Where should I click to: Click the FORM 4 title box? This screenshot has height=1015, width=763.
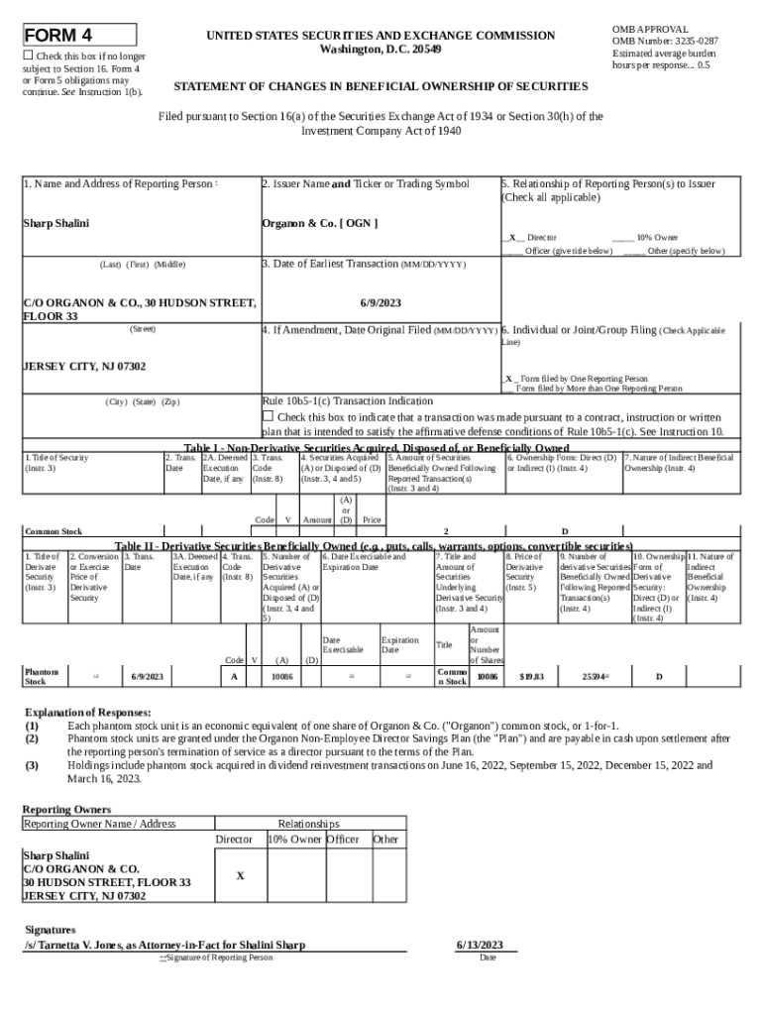[x=79, y=36]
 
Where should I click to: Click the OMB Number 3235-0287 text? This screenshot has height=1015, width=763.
[x=665, y=41]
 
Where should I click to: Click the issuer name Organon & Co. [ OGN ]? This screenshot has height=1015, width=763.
[x=319, y=222]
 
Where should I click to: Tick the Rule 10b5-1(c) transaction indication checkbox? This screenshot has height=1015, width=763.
[x=267, y=416]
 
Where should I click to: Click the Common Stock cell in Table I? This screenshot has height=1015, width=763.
[x=54, y=531]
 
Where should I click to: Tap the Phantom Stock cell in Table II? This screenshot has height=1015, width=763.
[x=42, y=676]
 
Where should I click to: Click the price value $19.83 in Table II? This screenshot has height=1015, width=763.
[x=532, y=676]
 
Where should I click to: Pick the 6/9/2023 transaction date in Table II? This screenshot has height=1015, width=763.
[x=147, y=676]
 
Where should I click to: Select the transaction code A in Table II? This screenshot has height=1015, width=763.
[x=234, y=676]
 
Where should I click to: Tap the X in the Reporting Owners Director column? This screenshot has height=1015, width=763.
[x=241, y=876]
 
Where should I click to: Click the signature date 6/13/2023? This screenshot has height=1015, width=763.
[x=481, y=945]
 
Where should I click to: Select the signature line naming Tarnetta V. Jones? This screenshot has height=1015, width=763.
[x=164, y=945]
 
